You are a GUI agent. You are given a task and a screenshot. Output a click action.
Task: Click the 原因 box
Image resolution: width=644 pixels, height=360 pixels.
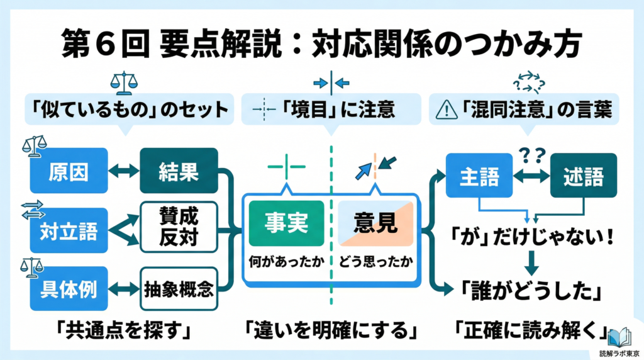tap(69, 171)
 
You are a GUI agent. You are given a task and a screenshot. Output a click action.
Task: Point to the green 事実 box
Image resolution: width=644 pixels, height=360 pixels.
tap(286, 223)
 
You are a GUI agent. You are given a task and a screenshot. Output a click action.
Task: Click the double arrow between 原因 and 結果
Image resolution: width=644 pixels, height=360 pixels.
tap(123, 171)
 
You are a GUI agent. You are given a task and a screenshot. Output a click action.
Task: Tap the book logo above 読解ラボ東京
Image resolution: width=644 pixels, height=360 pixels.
tap(622, 333)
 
